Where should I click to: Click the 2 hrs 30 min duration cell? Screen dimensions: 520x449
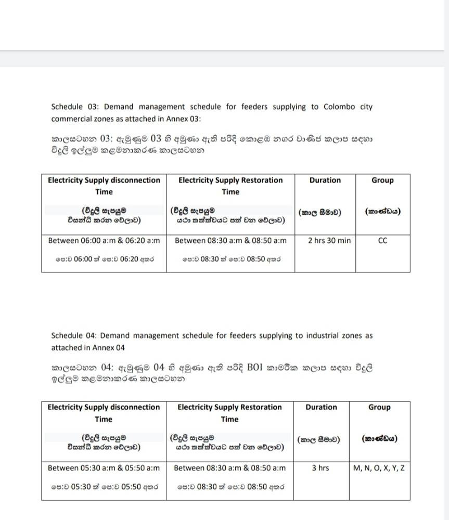(329, 241)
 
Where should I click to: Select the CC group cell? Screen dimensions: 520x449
(382, 241)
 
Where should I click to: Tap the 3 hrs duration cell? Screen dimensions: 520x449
(320, 468)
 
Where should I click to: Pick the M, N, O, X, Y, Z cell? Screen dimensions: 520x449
(379, 468)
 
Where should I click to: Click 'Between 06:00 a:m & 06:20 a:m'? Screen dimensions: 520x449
(104, 241)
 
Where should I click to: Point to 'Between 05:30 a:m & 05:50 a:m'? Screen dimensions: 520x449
(104, 468)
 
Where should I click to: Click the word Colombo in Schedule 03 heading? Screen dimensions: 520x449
(339, 107)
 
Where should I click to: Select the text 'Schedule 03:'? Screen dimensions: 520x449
(75, 107)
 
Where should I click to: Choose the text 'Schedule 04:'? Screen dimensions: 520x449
(75, 335)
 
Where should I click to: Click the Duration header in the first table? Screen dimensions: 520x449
(325, 180)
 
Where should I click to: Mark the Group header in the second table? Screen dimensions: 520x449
(379, 407)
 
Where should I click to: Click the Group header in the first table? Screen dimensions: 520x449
(382, 180)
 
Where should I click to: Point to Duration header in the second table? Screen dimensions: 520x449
(321, 407)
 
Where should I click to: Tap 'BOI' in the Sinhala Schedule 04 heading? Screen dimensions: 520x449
(255, 368)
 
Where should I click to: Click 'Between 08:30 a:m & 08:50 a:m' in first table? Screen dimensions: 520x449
(230, 241)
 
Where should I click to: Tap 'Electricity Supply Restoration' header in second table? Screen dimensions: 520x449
(229, 407)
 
